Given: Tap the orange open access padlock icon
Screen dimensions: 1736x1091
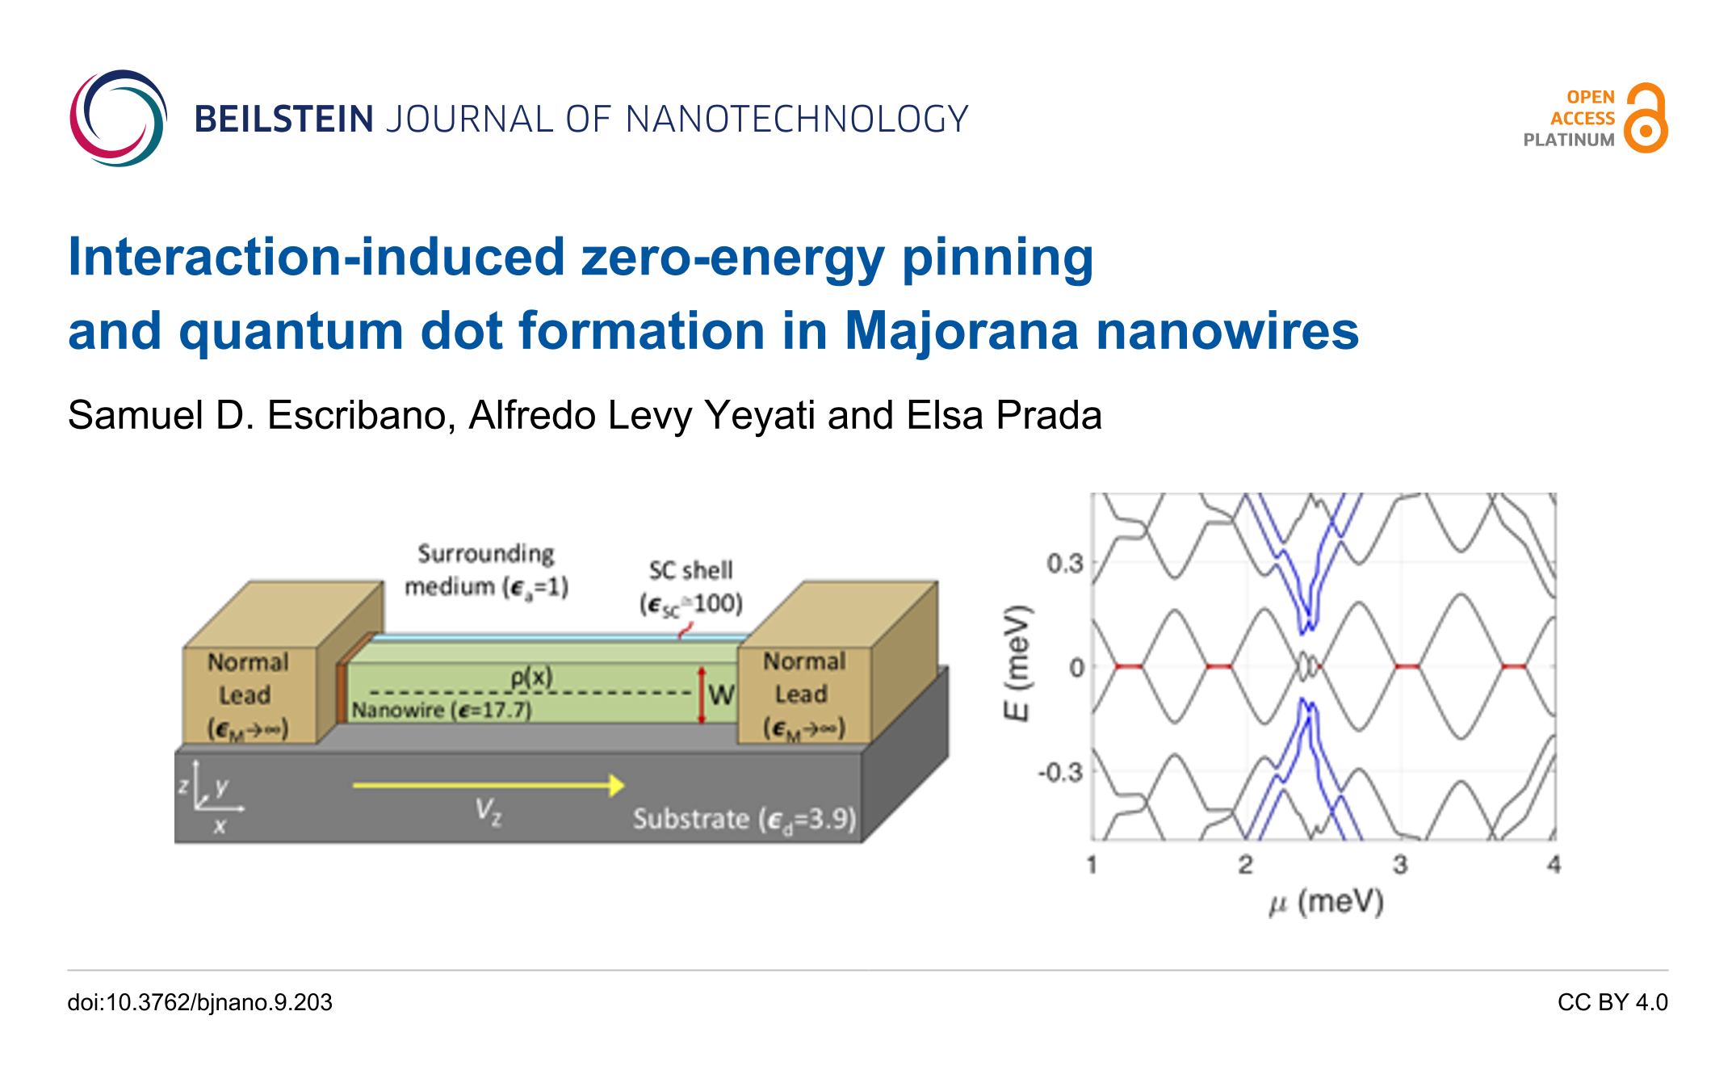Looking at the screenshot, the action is [1646, 118].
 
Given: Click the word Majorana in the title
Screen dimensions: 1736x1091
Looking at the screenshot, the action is [962, 331].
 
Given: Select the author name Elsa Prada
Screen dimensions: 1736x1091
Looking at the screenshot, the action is [1004, 416].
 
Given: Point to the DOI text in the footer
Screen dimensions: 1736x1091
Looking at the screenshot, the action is [200, 1002].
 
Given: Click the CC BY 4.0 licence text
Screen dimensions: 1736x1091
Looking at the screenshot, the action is [1612, 1002].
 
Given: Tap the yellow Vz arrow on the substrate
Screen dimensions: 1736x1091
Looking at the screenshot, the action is [489, 785].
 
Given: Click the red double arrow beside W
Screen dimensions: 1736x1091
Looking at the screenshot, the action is [702, 695].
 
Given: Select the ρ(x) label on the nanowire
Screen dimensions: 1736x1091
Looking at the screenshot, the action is [531, 677].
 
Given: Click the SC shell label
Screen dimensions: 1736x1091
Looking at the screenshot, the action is [691, 570].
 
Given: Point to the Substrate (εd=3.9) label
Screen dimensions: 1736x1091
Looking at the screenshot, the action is [744, 820].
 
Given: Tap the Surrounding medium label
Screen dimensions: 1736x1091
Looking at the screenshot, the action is [487, 570].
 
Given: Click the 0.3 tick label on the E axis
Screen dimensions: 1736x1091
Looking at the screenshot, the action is [1065, 563].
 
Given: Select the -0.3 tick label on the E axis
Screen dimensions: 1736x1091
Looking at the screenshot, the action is [1060, 772].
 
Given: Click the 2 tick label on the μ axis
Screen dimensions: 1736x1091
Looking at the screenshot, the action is [1246, 865].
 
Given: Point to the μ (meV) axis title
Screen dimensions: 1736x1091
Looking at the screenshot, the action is [1327, 901].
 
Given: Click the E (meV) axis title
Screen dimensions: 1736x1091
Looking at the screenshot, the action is [1017, 663].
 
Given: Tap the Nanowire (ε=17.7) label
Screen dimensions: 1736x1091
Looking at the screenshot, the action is [442, 711].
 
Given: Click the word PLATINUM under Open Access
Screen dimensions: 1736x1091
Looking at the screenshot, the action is [1569, 140].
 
